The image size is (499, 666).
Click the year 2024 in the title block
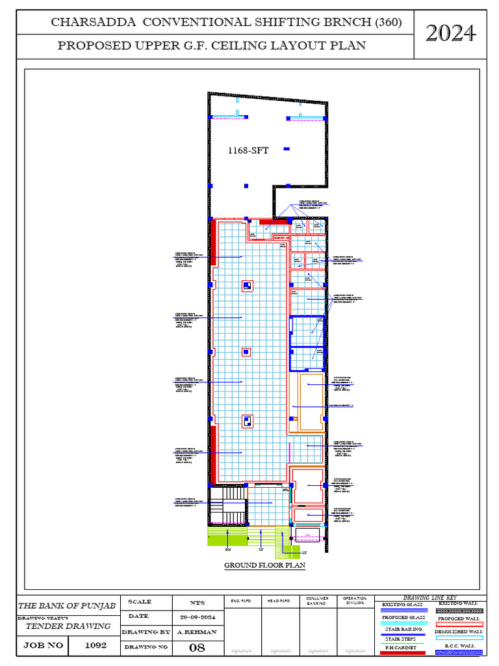(x=451, y=33)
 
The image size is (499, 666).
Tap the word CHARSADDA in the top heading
(x=94, y=22)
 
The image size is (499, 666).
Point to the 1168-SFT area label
(x=248, y=150)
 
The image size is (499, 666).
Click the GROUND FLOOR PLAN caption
(x=264, y=565)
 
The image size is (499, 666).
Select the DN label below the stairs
(x=228, y=550)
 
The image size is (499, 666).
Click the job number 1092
(x=96, y=646)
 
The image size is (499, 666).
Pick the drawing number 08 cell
(x=197, y=647)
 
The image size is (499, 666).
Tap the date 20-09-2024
(x=198, y=617)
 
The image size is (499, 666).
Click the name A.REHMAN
(x=198, y=632)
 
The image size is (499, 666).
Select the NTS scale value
(x=198, y=602)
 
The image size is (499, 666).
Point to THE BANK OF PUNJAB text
(x=67, y=606)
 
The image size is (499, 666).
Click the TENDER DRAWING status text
(x=68, y=626)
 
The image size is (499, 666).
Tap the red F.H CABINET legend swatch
(x=403, y=652)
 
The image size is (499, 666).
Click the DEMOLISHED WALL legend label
(x=459, y=631)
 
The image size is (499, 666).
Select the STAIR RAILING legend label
(x=403, y=629)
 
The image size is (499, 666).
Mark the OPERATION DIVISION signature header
(x=355, y=600)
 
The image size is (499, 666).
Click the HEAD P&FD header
(x=280, y=600)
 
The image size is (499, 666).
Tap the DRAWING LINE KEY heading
(x=429, y=597)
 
